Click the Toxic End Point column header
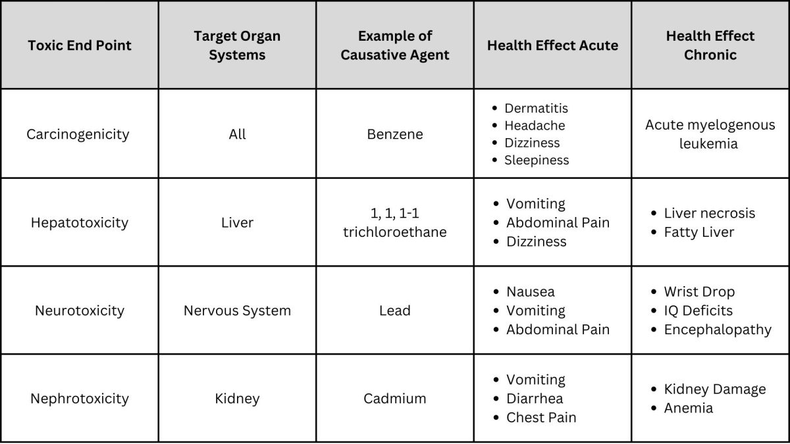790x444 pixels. (x=80, y=45)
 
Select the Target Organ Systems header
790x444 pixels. (x=237, y=45)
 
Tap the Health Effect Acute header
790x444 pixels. (x=552, y=45)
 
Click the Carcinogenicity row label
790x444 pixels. (x=78, y=134)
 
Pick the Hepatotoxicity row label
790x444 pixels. (x=80, y=223)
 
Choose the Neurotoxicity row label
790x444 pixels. (x=80, y=310)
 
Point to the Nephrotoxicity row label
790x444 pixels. (x=80, y=399)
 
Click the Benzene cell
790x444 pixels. (x=395, y=134)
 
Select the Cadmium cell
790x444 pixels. (x=395, y=399)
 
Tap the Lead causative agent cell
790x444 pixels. (x=395, y=310)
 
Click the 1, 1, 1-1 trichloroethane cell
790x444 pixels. (x=395, y=223)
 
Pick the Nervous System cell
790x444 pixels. (x=238, y=310)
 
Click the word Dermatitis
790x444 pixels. (x=537, y=108)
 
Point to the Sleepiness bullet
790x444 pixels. (x=537, y=160)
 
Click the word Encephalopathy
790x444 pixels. (x=718, y=330)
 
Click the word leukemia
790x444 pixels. (x=708, y=144)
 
